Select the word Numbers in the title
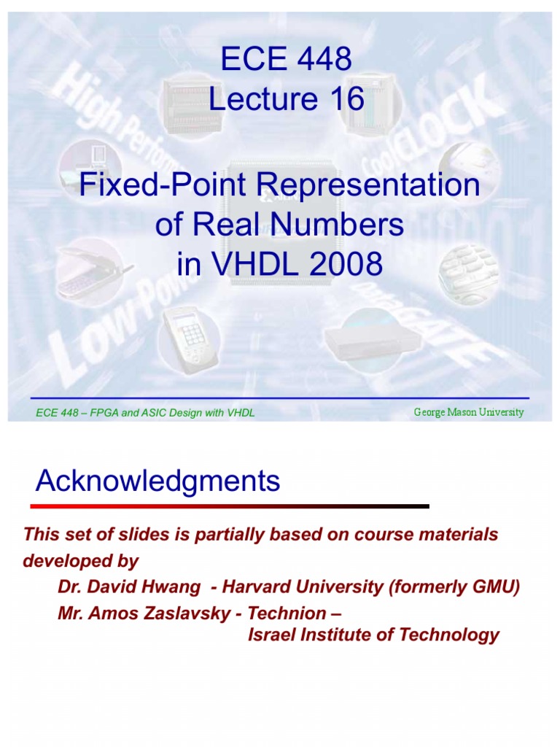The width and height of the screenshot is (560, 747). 346,225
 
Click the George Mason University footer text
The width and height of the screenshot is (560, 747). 468,412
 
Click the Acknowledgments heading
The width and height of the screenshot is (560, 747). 158,481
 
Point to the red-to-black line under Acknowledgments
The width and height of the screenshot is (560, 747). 230,506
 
